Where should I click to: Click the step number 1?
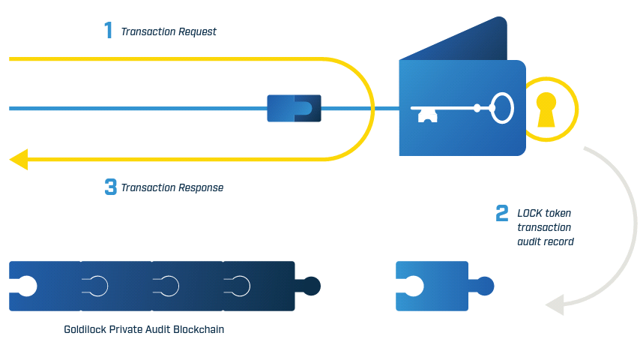[x=109, y=31]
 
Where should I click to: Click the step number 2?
[x=502, y=213]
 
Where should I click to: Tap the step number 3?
[x=110, y=187]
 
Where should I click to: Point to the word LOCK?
[x=530, y=213]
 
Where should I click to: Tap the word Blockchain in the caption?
[x=199, y=328]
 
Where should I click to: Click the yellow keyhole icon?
[x=546, y=109]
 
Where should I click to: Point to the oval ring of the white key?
[x=504, y=108]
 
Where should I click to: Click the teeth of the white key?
[x=426, y=115]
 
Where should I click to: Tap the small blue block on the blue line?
[x=294, y=109]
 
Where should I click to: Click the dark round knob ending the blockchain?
[x=311, y=286]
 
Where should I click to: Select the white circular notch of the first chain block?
[x=25, y=286]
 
